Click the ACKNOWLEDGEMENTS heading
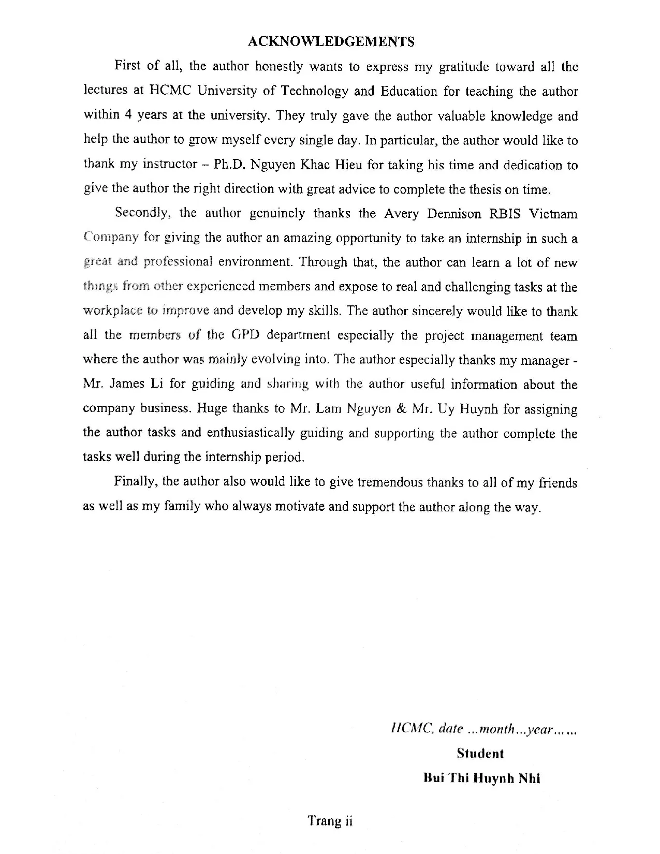tap(331, 42)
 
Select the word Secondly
tap(143, 213)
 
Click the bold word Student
tap(480, 754)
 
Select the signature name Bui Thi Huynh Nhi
tap(481, 778)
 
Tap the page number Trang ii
tap(330, 821)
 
